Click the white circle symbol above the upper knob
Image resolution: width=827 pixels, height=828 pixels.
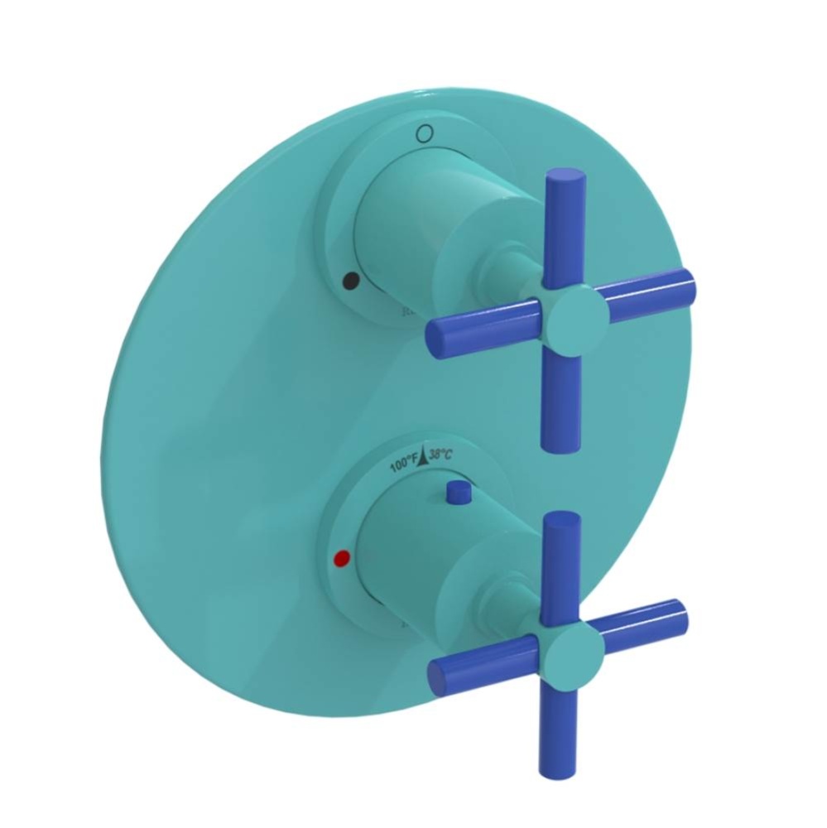[425, 132]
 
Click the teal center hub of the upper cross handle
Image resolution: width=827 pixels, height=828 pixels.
[570, 314]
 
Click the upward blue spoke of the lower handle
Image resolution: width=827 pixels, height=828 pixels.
[562, 563]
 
